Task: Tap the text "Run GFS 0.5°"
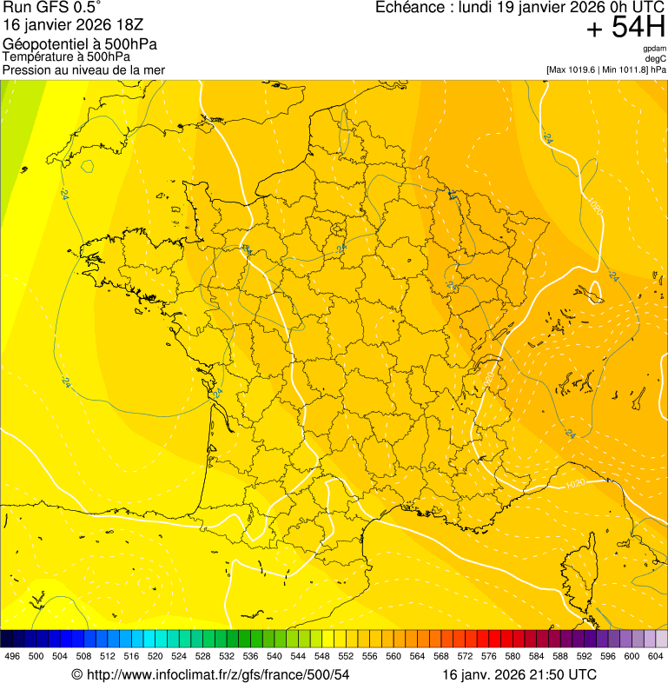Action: (x=52, y=10)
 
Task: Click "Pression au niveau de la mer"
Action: (x=83, y=70)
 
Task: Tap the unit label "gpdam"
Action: (x=654, y=49)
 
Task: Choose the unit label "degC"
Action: (x=656, y=59)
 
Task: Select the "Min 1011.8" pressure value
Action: (x=625, y=70)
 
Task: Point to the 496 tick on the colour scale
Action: (x=12, y=657)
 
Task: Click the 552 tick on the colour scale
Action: (x=346, y=657)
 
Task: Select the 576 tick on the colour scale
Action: (x=489, y=657)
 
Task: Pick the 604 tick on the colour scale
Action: (x=656, y=657)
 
